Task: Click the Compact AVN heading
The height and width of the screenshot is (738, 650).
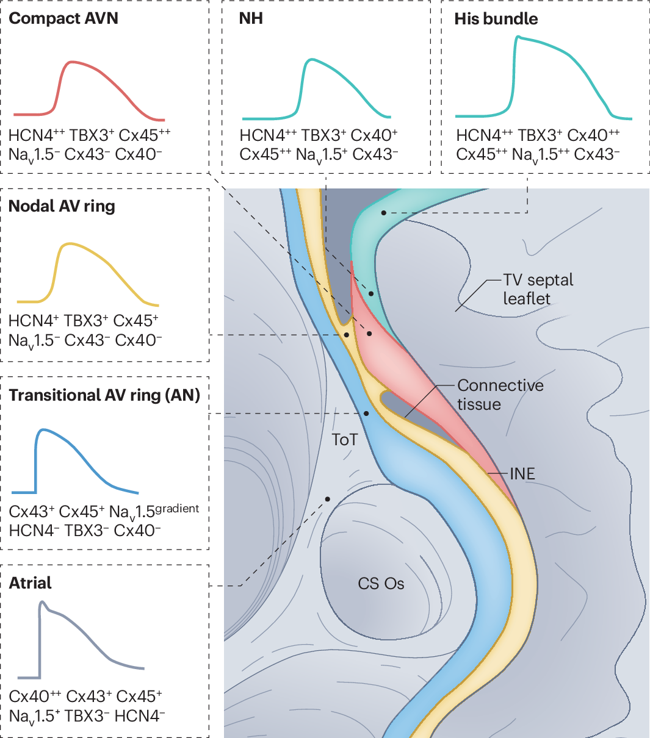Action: [63, 18]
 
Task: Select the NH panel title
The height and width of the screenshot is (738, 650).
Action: [251, 18]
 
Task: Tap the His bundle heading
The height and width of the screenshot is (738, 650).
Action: [496, 18]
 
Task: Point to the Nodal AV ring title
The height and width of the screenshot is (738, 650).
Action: [62, 206]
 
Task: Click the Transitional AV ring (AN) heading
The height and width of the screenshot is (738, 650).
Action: [104, 395]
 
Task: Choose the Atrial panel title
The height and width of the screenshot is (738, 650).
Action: [31, 583]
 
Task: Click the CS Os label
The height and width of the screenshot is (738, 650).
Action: [381, 584]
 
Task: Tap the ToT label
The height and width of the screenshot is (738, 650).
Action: [345, 439]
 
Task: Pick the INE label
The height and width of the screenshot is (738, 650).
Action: [522, 473]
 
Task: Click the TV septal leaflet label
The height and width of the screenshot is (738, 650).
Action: [538, 289]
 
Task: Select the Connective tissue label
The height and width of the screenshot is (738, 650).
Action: [500, 395]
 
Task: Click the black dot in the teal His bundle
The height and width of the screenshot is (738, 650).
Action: [384, 213]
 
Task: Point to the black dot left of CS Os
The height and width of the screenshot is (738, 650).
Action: [328, 499]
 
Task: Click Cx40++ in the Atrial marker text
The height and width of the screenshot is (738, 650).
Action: [35, 697]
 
